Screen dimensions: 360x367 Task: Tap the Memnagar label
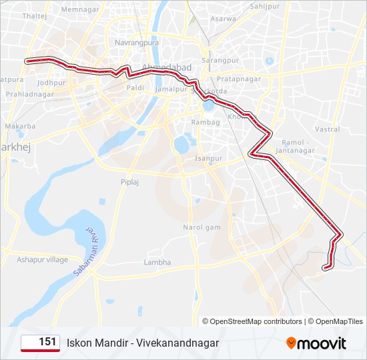click(x=79, y=10)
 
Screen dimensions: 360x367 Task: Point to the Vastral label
click(x=327, y=129)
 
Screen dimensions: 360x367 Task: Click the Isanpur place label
click(x=208, y=158)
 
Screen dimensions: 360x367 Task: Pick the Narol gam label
click(x=202, y=227)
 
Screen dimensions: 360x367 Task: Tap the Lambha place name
click(x=157, y=263)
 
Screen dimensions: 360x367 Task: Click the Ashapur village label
click(x=43, y=259)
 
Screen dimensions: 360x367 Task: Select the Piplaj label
click(x=129, y=181)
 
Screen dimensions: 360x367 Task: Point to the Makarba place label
click(x=20, y=125)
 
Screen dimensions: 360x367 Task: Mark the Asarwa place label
click(x=223, y=19)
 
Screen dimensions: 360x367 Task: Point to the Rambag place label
click(x=206, y=123)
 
